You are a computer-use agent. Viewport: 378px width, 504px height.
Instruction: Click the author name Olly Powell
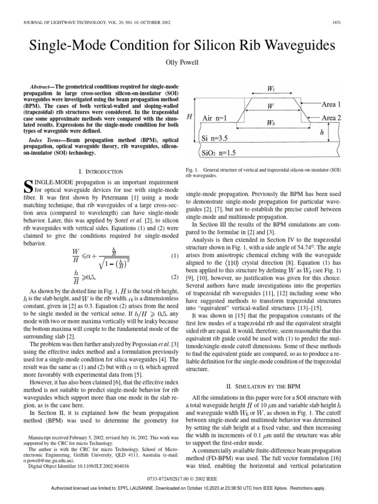click(189, 63)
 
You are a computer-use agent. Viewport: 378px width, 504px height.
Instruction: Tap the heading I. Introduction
click(100, 171)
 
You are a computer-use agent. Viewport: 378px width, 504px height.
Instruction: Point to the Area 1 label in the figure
click(335, 104)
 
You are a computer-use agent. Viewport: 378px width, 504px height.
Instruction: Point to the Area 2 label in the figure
click(335, 118)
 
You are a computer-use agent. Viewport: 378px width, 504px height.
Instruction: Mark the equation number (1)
click(174, 256)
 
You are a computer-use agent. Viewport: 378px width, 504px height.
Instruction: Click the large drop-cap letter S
click(28, 187)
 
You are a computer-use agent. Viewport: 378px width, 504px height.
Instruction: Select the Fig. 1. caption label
click(193, 169)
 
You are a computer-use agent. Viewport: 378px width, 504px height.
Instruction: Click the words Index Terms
click(45, 140)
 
